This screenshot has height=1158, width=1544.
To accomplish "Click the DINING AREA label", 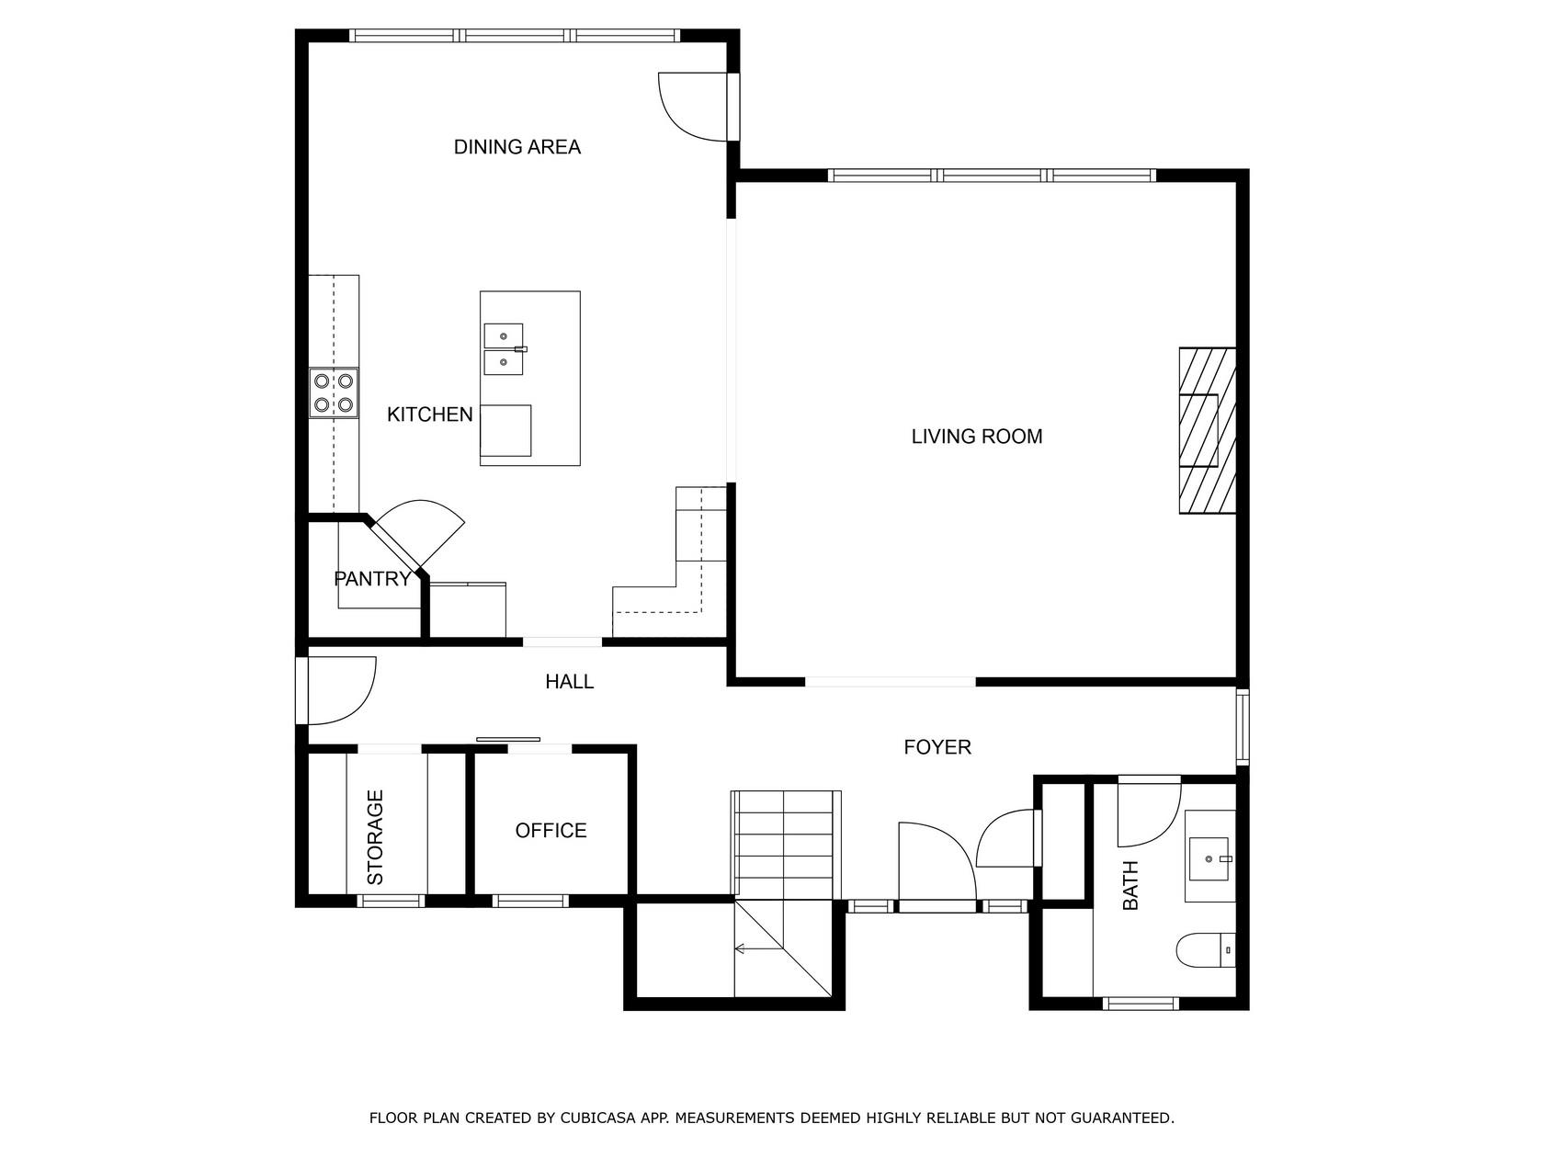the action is [x=517, y=147].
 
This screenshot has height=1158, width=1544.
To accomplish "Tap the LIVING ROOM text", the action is [x=976, y=437].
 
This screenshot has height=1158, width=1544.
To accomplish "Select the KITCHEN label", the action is [x=430, y=414].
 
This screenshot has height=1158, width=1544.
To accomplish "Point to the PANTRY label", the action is [x=372, y=579].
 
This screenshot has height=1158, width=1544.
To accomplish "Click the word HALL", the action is [x=569, y=681].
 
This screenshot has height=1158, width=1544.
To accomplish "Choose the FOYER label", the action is [x=937, y=747].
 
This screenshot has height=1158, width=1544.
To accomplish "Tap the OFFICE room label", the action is [x=551, y=830].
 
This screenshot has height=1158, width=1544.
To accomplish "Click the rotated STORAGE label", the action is [x=376, y=836].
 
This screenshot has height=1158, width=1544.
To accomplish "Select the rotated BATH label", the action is [x=1130, y=885].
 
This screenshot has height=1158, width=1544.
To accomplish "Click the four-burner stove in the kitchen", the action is [x=334, y=393].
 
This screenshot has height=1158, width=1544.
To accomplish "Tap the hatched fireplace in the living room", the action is [x=1207, y=430].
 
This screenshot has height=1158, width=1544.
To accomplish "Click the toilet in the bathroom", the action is [x=1206, y=950].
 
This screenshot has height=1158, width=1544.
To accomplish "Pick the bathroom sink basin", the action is [x=1209, y=858].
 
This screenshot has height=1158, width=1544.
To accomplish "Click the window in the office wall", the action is [x=529, y=901].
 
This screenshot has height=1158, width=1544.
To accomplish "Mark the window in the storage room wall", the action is [x=392, y=901].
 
